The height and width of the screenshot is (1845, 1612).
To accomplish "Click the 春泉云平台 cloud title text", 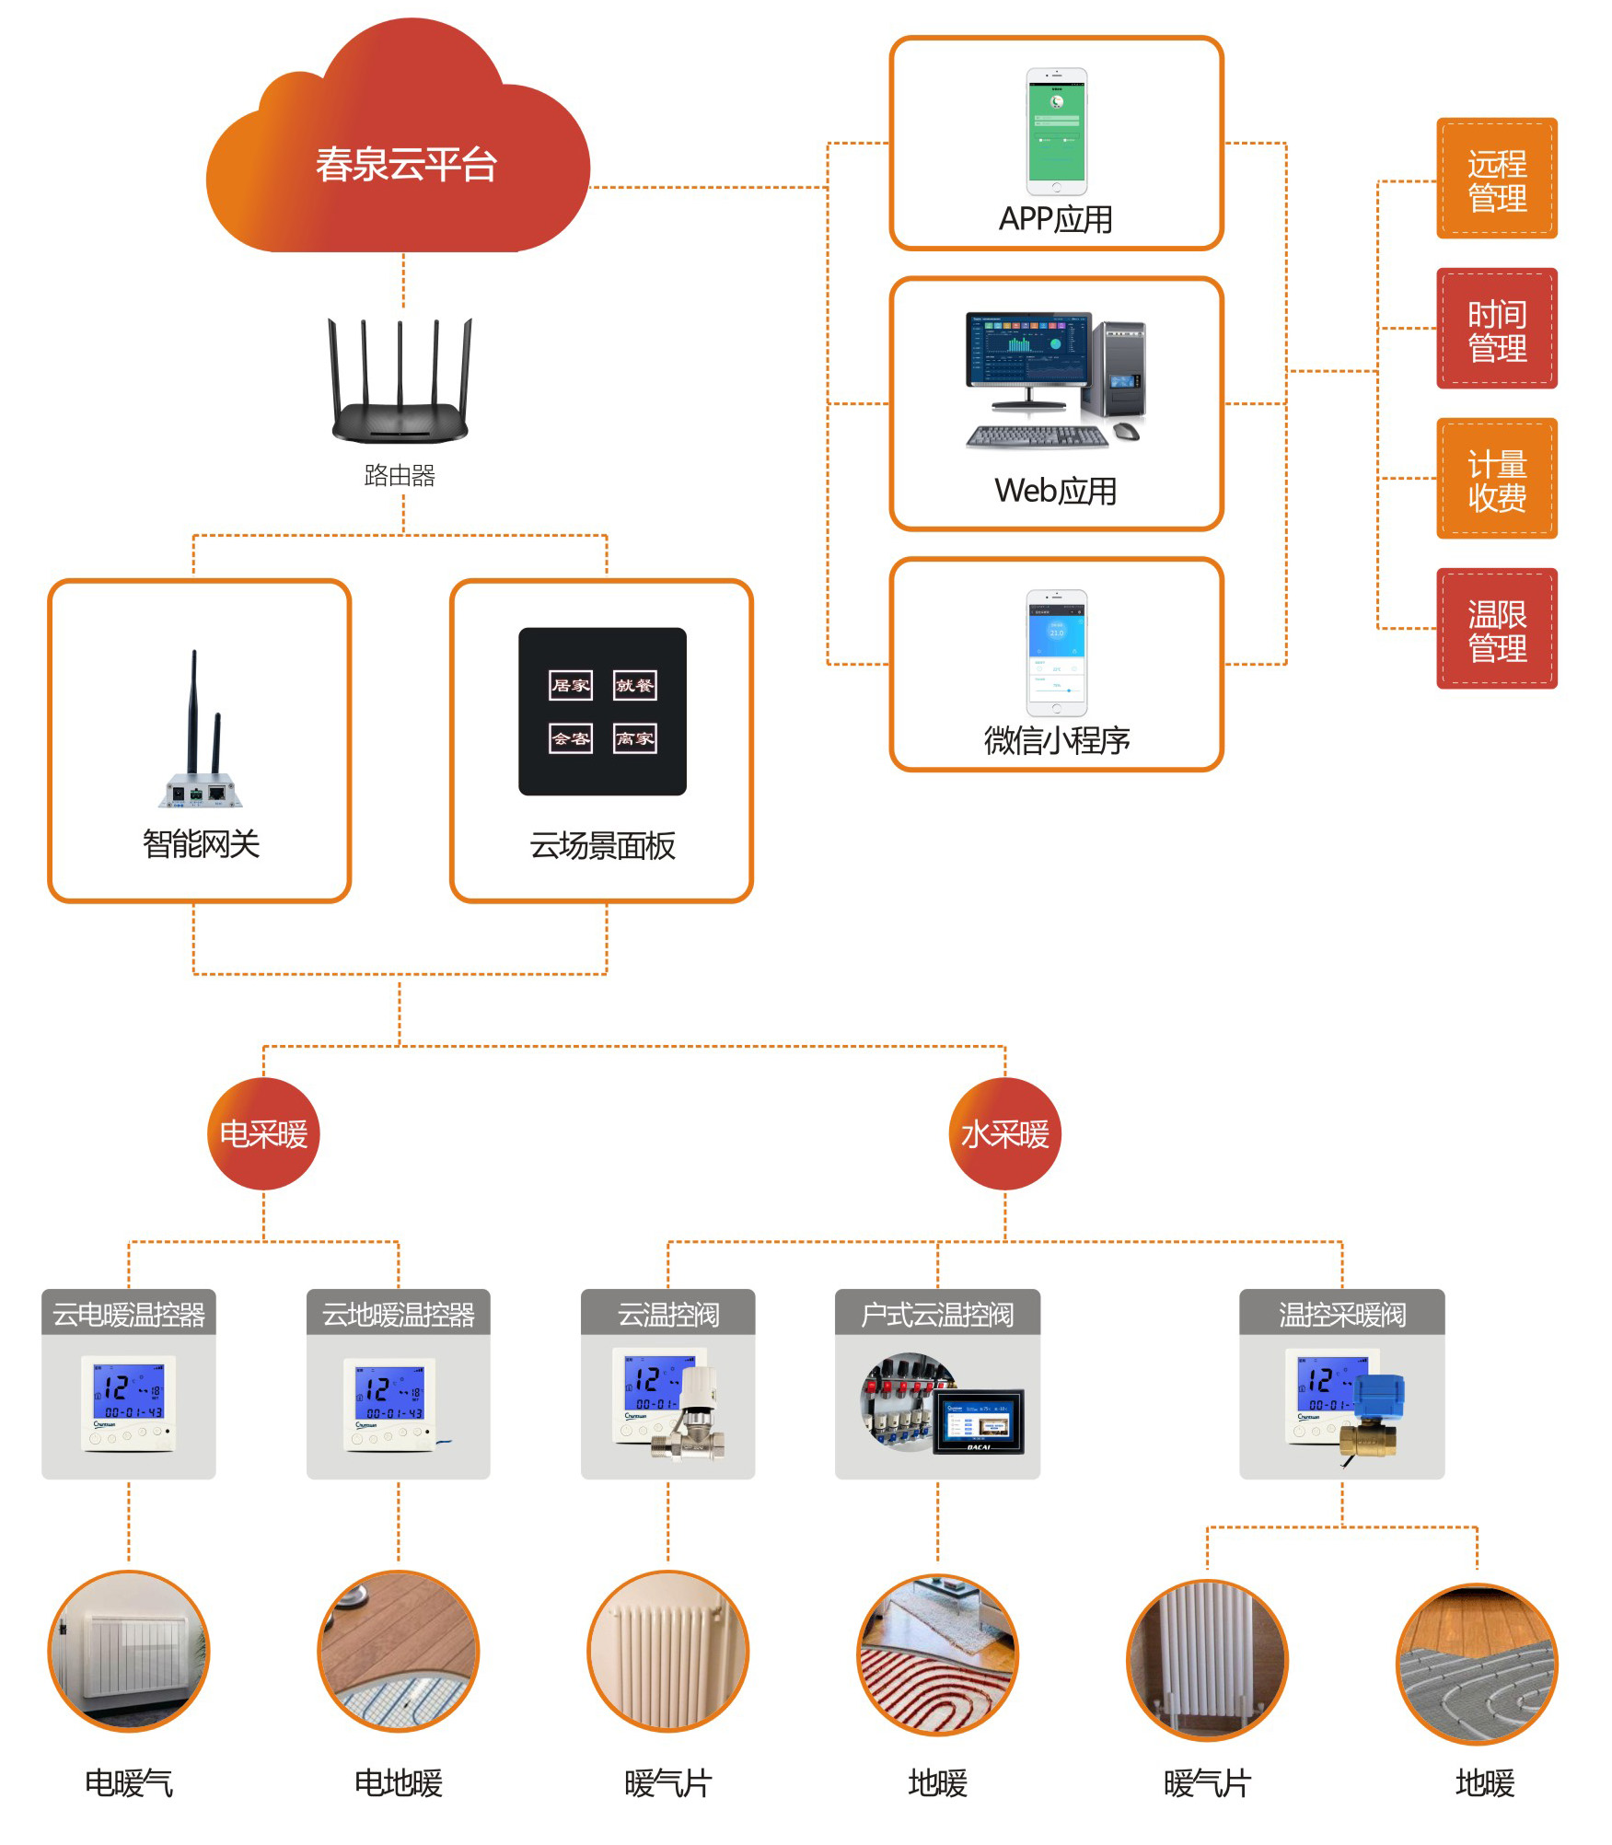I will pos(406,166).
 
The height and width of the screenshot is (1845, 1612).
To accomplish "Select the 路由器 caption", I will pos(400,475).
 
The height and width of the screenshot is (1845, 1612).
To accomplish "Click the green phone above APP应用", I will pos(1056,131).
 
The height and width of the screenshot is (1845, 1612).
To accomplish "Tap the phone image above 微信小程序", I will pos(1056,653).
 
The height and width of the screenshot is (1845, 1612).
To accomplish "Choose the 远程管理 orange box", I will pos(1496,180).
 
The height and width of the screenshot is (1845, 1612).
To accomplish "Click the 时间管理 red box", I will pos(1496,329).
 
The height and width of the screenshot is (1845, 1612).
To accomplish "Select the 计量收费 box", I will pos(1496,479).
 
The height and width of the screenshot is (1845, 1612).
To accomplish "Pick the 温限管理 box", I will pos(1496,629).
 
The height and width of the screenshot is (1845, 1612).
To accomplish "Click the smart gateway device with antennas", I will pos(201,737).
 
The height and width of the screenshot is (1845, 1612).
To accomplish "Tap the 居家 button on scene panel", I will pos(571,685).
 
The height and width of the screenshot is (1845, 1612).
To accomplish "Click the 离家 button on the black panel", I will pos(635,738).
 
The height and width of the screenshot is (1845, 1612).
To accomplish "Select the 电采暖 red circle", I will pos(263,1134).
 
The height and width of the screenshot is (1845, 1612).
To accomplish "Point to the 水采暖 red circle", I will pos(1004,1134).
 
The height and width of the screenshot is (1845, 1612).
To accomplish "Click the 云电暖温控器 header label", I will pos(129,1314).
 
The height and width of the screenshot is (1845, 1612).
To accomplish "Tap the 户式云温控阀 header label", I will pos(937,1314).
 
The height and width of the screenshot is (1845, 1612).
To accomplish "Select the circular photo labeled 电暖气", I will pos(129,1652).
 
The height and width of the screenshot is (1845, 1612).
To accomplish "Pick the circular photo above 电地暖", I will pos(399,1652).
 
